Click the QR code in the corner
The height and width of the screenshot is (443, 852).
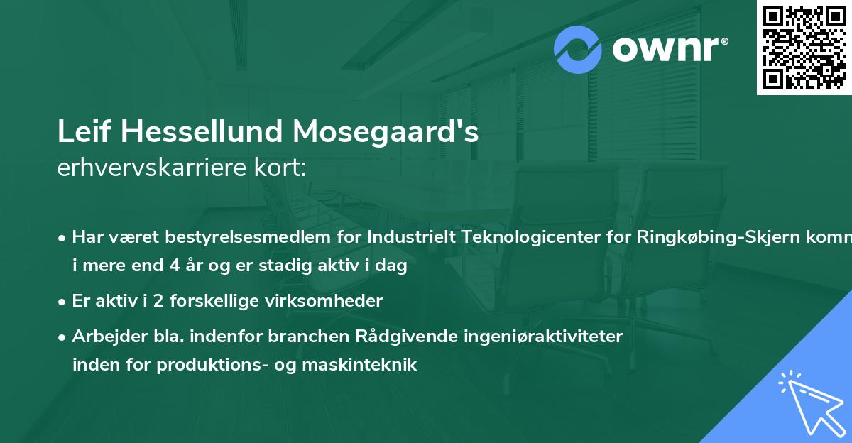point(804,48)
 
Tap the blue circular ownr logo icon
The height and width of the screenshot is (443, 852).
point(578,49)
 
